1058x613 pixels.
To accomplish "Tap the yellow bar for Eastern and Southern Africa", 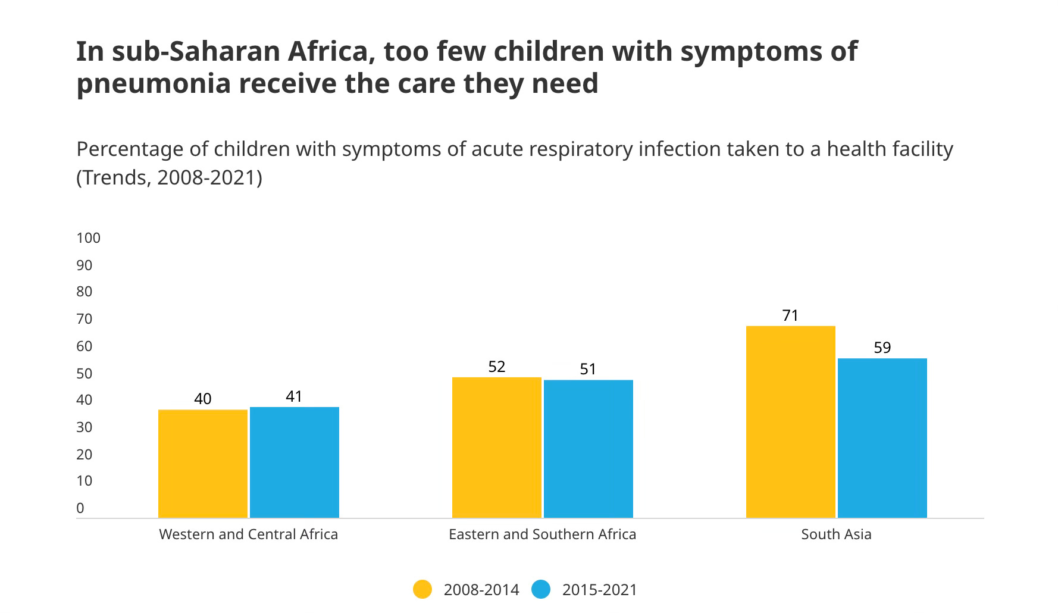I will pyautogui.click(x=497, y=447).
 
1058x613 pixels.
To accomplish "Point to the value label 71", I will pyautogui.click(x=790, y=316).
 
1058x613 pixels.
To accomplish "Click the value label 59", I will pyautogui.click(x=882, y=348).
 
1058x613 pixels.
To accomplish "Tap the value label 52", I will pyautogui.click(x=497, y=367).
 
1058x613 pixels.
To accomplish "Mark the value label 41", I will pyautogui.click(x=294, y=396).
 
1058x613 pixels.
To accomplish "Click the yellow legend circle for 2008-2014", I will pyautogui.click(x=422, y=590).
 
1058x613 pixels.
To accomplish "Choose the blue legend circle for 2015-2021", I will pyautogui.click(x=541, y=590).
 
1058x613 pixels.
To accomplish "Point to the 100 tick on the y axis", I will pyautogui.click(x=88, y=238).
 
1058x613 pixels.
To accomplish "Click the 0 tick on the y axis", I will pyautogui.click(x=80, y=508).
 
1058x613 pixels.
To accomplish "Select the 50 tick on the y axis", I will pyautogui.click(x=84, y=374).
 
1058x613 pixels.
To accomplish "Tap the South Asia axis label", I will pyautogui.click(x=836, y=534).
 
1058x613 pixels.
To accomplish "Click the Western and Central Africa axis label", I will pyautogui.click(x=248, y=534).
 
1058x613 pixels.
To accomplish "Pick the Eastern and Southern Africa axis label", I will pyautogui.click(x=542, y=534).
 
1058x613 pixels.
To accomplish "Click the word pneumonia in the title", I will pyautogui.click(x=153, y=84).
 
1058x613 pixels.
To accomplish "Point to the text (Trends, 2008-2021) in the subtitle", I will pyautogui.click(x=169, y=178).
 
